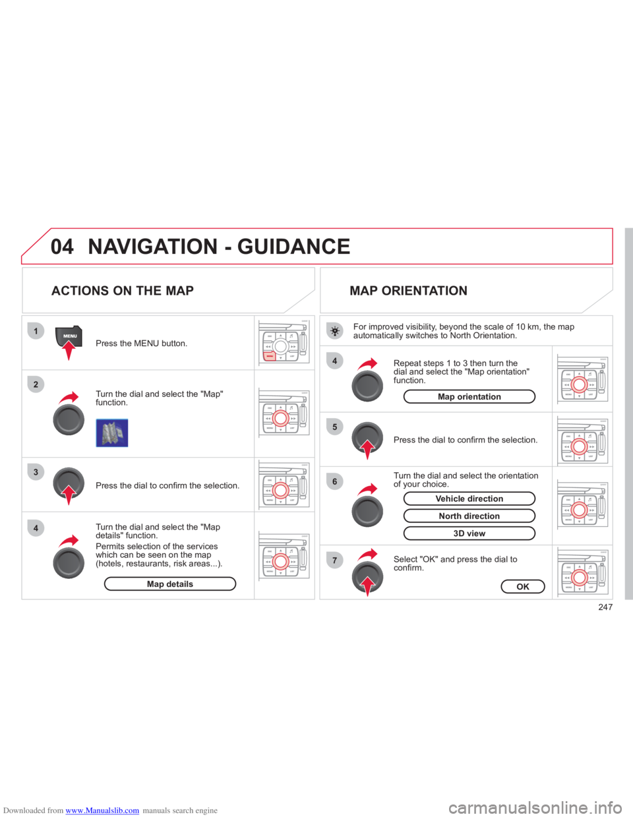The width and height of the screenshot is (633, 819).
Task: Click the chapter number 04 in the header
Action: coord(63,247)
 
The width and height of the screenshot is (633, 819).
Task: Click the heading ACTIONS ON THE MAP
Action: coord(122,291)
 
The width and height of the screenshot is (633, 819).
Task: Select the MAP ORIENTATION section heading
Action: coord(409,291)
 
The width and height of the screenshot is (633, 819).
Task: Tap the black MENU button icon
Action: coord(69,336)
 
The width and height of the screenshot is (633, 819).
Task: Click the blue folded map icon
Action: coord(111,433)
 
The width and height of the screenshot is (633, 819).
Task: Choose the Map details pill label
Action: coord(170,584)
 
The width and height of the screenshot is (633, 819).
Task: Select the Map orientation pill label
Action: coord(469,396)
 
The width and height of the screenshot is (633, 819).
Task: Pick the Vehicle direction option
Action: coord(469,499)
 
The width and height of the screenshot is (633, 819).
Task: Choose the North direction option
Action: coord(469,516)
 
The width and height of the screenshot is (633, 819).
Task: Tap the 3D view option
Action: coord(469,533)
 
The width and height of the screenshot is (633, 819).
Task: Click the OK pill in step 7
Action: coord(523,586)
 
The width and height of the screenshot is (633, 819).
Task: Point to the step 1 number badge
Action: coord(36,330)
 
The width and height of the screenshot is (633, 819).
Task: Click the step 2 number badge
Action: coord(36,384)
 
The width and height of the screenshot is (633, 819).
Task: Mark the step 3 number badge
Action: coord(36,472)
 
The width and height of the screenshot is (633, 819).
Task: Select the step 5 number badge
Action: coord(335,427)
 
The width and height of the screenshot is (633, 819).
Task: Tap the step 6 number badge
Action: coord(335,481)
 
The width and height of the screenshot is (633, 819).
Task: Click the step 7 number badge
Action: coord(335,561)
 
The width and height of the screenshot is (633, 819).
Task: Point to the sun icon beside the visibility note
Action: coord(335,331)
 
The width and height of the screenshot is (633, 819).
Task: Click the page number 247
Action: coord(605,607)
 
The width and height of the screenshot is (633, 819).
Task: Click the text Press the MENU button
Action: coord(141,344)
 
